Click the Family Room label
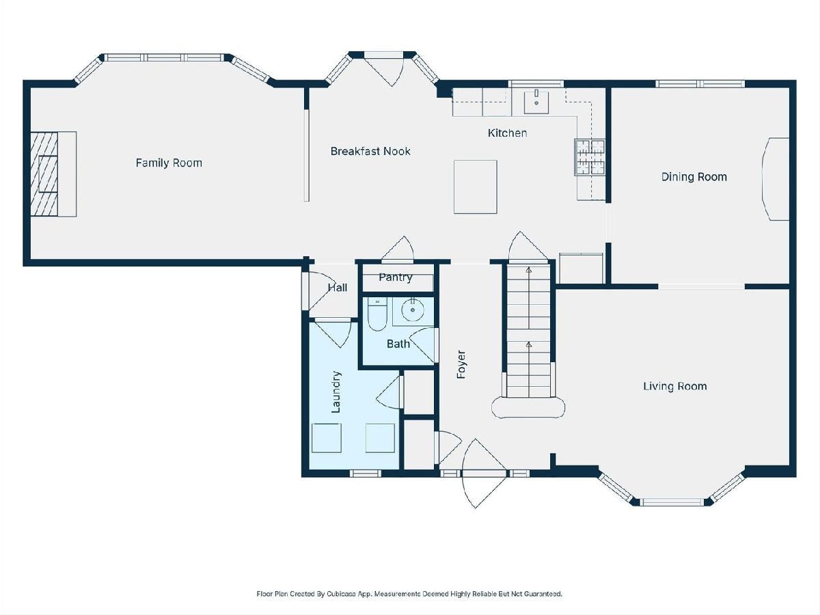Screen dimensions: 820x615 point(169,163)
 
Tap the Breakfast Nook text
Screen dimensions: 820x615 point(370,151)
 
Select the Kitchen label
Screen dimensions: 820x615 point(507,133)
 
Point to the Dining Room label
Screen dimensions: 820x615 point(694,176)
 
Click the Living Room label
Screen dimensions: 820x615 point(675,386)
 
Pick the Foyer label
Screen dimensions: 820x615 point(461,364)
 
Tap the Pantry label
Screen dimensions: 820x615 point(395,277)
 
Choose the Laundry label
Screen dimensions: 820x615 point(336,392)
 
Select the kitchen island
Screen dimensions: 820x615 point(475,187)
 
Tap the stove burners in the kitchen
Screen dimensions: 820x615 point(590,157)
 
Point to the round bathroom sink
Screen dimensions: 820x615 point(413,310)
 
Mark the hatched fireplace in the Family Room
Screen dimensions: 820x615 point(44,174)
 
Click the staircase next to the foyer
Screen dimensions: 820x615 point(529,331)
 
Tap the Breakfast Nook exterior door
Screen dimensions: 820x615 point(384,71)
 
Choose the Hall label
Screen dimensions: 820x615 point(338,288)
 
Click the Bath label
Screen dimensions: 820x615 point(398,344)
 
